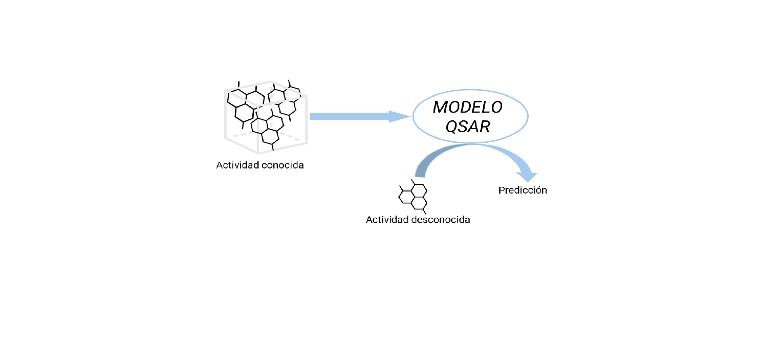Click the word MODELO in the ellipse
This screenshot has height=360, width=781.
click(x=468, y=108)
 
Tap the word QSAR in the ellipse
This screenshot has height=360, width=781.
click(x=468, y=126)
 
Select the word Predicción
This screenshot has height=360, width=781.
click(x=523, y=190)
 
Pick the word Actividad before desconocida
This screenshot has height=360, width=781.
click(x=387, y=220)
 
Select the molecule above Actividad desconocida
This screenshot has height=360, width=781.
click(x=414, y=196)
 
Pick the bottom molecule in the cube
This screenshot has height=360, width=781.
click(x=267, y=131)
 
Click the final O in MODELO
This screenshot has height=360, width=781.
click(x=496, y=108)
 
